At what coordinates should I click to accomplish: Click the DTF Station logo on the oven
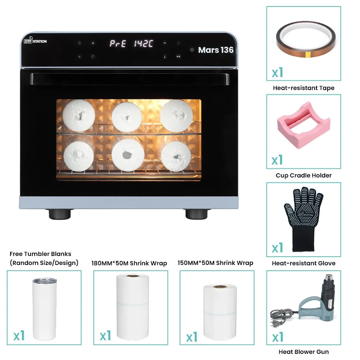35,40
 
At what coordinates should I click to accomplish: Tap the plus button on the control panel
93,43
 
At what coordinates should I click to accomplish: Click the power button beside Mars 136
192,50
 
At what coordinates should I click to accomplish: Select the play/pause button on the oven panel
178,56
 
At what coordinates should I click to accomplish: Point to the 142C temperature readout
144,44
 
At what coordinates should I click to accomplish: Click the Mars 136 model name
216,50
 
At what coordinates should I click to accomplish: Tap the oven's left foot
60,214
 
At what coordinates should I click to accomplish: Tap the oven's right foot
197,214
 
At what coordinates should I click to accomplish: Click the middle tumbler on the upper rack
127,117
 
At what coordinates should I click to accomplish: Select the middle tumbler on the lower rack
128,155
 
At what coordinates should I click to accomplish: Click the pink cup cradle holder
304,125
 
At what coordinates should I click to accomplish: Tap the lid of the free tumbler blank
45,280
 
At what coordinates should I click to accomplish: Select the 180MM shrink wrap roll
133,307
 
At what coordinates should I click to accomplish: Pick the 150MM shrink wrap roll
220,312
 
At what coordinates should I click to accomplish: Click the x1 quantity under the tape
277,73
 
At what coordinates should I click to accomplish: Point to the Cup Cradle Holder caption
303,175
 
